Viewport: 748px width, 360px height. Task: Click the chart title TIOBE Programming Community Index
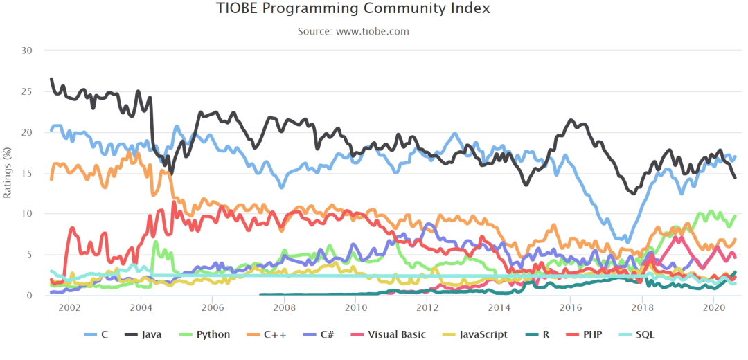[353, 8]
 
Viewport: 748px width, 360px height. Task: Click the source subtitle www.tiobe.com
[373, 31]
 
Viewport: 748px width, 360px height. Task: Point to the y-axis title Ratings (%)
[7, 172]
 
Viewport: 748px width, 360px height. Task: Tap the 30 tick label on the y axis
[28, 50]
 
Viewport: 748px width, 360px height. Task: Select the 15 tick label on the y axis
[28, 173]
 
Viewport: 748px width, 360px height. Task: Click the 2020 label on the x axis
[713, 307]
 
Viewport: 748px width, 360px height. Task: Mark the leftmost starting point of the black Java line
[51, 79]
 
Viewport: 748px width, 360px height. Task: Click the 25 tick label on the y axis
[28, 91]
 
